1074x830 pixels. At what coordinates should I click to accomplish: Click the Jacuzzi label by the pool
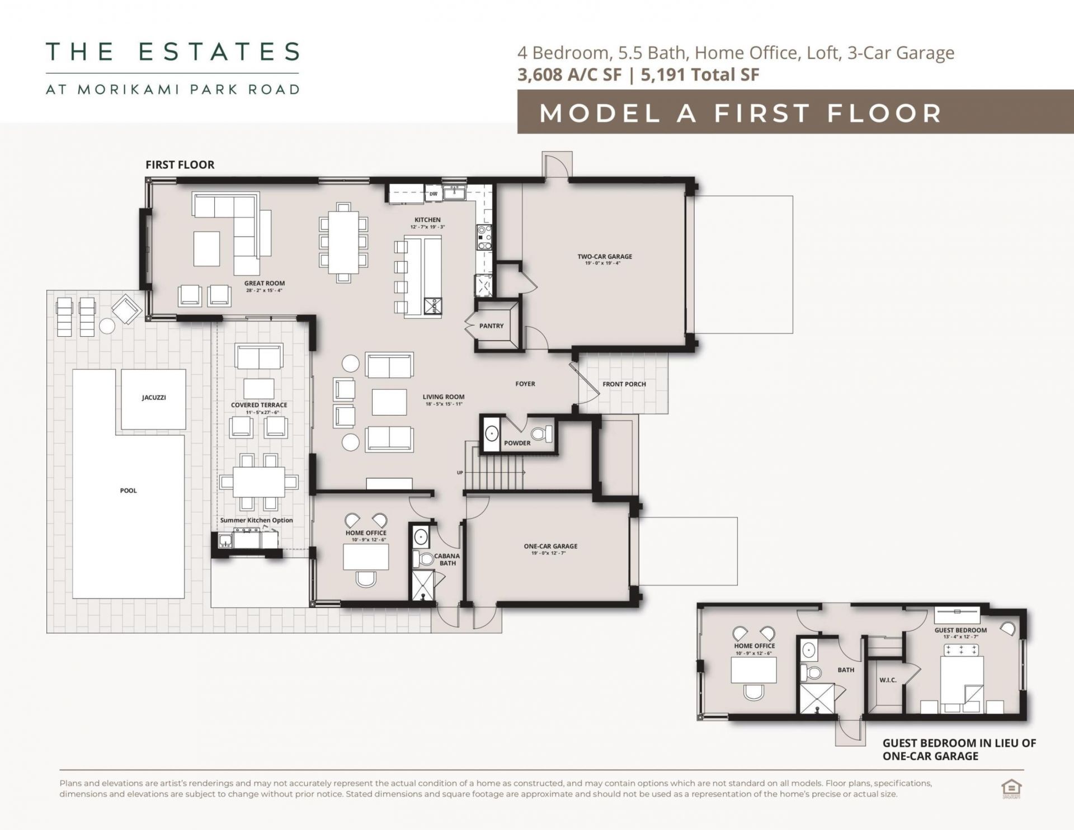[153, 398]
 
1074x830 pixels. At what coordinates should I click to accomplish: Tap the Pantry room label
[491, 326]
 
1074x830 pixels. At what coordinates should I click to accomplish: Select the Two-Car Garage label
[605, 257]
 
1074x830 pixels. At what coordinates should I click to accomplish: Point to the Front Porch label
[624, 384]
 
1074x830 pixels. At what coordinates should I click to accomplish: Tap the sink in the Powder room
[492, 433]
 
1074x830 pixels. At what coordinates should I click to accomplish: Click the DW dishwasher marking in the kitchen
[434, 194]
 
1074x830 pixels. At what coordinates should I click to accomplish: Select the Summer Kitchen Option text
[256, 520]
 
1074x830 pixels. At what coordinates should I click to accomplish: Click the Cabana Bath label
[447, 559]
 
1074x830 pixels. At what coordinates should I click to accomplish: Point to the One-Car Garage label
[550, 546]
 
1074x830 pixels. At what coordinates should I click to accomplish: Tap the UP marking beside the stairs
[460, 473]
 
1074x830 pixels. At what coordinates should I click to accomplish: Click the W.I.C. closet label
[888, 680]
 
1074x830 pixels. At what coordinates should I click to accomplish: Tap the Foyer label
[525, 384]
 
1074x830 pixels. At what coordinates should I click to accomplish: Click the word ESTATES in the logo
[219, 52]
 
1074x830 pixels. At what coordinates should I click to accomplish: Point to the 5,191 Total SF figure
[700, 74]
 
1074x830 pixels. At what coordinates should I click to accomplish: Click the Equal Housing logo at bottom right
[1011, 789]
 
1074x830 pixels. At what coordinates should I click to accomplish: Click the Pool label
[128, 491]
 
